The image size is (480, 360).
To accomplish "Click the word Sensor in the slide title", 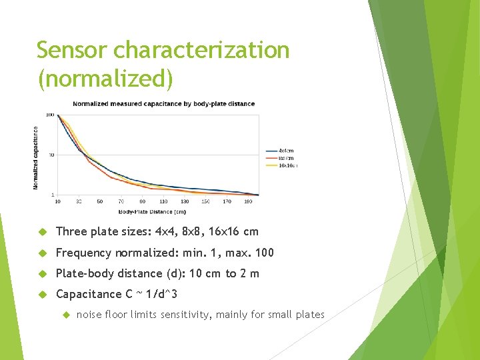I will pyautogui.click(x=73, y=50).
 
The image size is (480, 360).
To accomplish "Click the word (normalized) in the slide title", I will pyautogui.click(x=105, y=79).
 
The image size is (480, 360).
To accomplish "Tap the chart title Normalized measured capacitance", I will pyautogui.click(x=163, y=104).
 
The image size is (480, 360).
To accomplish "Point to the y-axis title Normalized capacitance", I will pyautogui.click(x=36, y=158).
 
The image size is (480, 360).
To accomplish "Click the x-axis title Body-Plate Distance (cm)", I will pyautogui.click(x=153, y=212).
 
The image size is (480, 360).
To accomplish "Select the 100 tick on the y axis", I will pyautogui.click(x=50, y=115).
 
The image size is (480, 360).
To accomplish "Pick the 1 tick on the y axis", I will pyautogui.click(x=53, y=195).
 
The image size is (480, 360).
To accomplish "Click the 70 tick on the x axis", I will pyautogui.click(x=121, y=201).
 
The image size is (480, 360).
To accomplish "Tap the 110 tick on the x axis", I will pyautogui.click(x=163, y=201).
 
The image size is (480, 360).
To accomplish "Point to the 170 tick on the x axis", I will pyautogui.click(x=227, y=201).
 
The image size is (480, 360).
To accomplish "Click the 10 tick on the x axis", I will pyautogui.click(x=57, y=201).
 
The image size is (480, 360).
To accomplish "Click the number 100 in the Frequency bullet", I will pyautogui.click(x=263, y=253).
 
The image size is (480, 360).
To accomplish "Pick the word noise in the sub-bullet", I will pyautogui.click(x=91, y=315).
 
